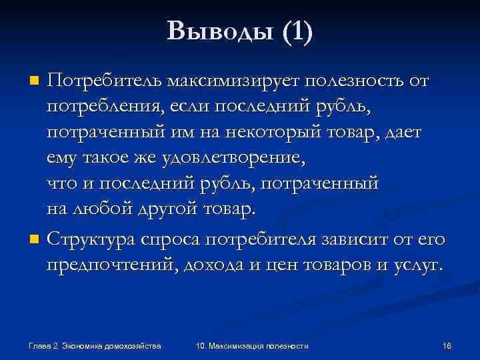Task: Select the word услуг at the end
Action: click(416, 265)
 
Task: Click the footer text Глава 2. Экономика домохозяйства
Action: click(95, 345)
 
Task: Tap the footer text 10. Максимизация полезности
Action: click(253, 345)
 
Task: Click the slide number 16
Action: click(447, 345)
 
